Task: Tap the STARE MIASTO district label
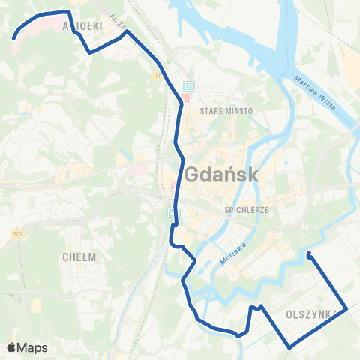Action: pos(226,110)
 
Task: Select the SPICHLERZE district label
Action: pos(246,211)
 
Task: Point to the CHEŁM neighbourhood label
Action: pos(79,256)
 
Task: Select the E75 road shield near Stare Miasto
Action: pos(187,86)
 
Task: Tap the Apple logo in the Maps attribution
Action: pos(11,347)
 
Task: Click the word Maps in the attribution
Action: pos(32,347)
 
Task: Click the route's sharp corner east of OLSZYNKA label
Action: pos(346,307)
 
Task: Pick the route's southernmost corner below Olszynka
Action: pos(289,346)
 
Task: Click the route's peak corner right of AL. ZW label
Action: pos(128,31)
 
